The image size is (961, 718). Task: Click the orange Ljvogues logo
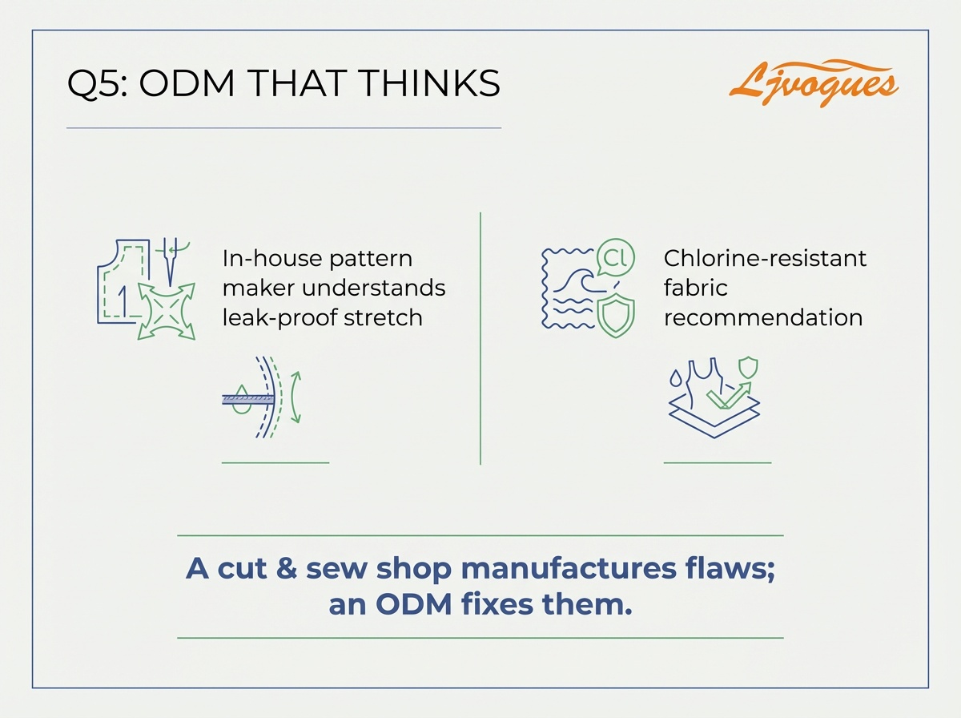coord(814,83)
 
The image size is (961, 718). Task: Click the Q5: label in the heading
coord(97,83)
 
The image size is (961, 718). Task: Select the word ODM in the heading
coord(187,83)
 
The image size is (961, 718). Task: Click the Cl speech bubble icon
coord(616,257)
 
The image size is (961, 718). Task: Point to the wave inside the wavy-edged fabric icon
coord(580,281)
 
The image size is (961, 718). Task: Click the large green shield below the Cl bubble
coord(616,315)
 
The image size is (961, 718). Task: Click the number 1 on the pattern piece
coord(124,301)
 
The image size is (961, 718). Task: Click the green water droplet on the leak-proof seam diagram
coord(241,400)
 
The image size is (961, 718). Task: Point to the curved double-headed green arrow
coord(296,397)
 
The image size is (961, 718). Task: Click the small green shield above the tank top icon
coord(748,368)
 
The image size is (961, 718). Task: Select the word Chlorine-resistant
coord(765,258)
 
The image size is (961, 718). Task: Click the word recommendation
coord(763,317)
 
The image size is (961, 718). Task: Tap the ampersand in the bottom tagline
coord(287,569)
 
